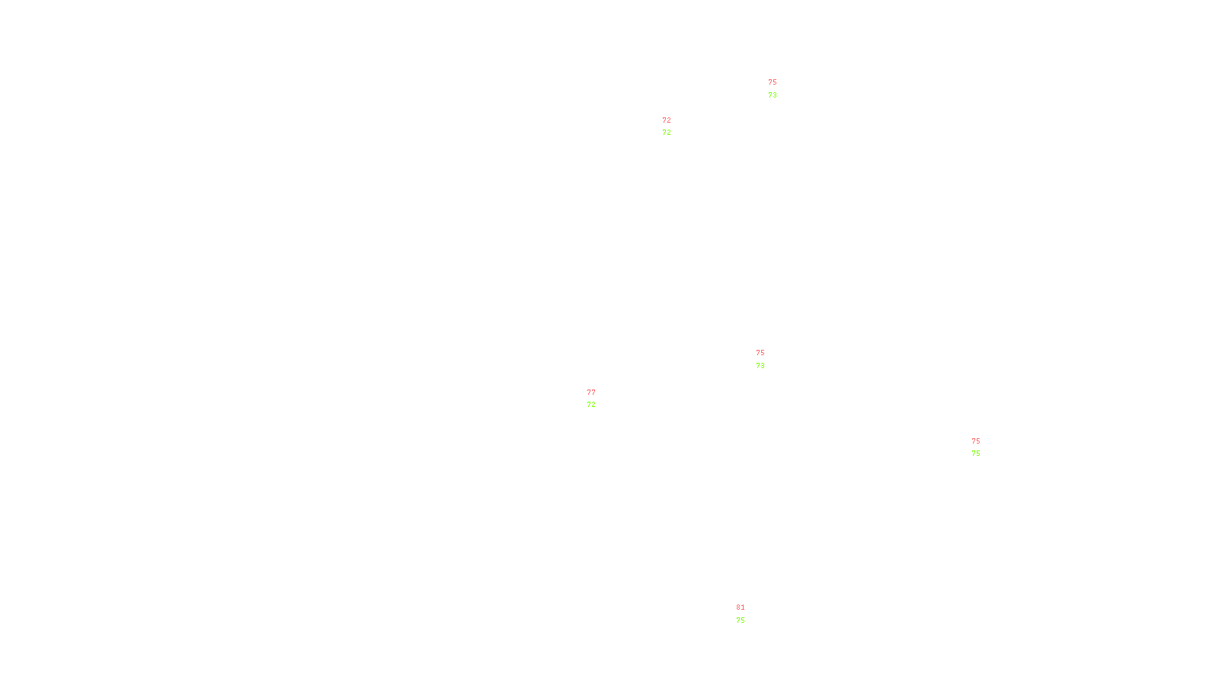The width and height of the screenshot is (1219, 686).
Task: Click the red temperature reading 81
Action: tap(741, 607)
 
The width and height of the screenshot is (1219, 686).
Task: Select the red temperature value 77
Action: tap(591, 393)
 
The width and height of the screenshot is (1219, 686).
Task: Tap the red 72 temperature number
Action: tap(667, 120)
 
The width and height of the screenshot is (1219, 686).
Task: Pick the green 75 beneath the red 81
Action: tap(741, 620)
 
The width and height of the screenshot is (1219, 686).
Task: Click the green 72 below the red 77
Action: tap(591, 405)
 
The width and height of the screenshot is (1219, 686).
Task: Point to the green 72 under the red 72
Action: tap(667, 133)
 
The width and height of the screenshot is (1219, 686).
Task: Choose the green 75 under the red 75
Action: tap(976, 454)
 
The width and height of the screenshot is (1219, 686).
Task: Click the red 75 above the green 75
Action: tap(976, 441)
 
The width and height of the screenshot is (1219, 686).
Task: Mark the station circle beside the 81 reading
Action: tap(748, 614)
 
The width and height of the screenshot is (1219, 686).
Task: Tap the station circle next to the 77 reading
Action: tap(599, 399)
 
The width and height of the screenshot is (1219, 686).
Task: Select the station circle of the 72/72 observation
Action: tap(675, 127)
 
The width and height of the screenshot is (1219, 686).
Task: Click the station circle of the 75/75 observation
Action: tap(984, 447)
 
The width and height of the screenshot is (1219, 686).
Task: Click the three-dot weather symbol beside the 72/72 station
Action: tap(668, 127)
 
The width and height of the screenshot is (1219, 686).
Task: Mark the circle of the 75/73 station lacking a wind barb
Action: tap(768, 359)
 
